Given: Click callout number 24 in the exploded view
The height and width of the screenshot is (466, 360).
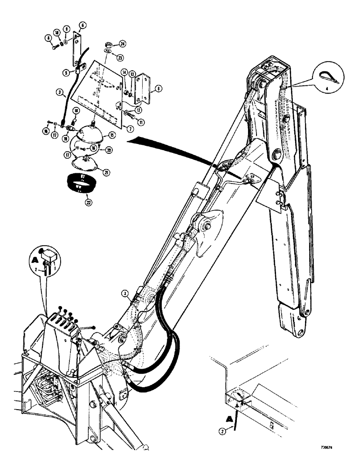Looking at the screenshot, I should (122, 44).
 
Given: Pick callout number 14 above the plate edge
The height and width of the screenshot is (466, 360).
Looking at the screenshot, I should (125, 72).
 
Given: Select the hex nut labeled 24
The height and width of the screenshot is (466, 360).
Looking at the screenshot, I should (107, 44).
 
